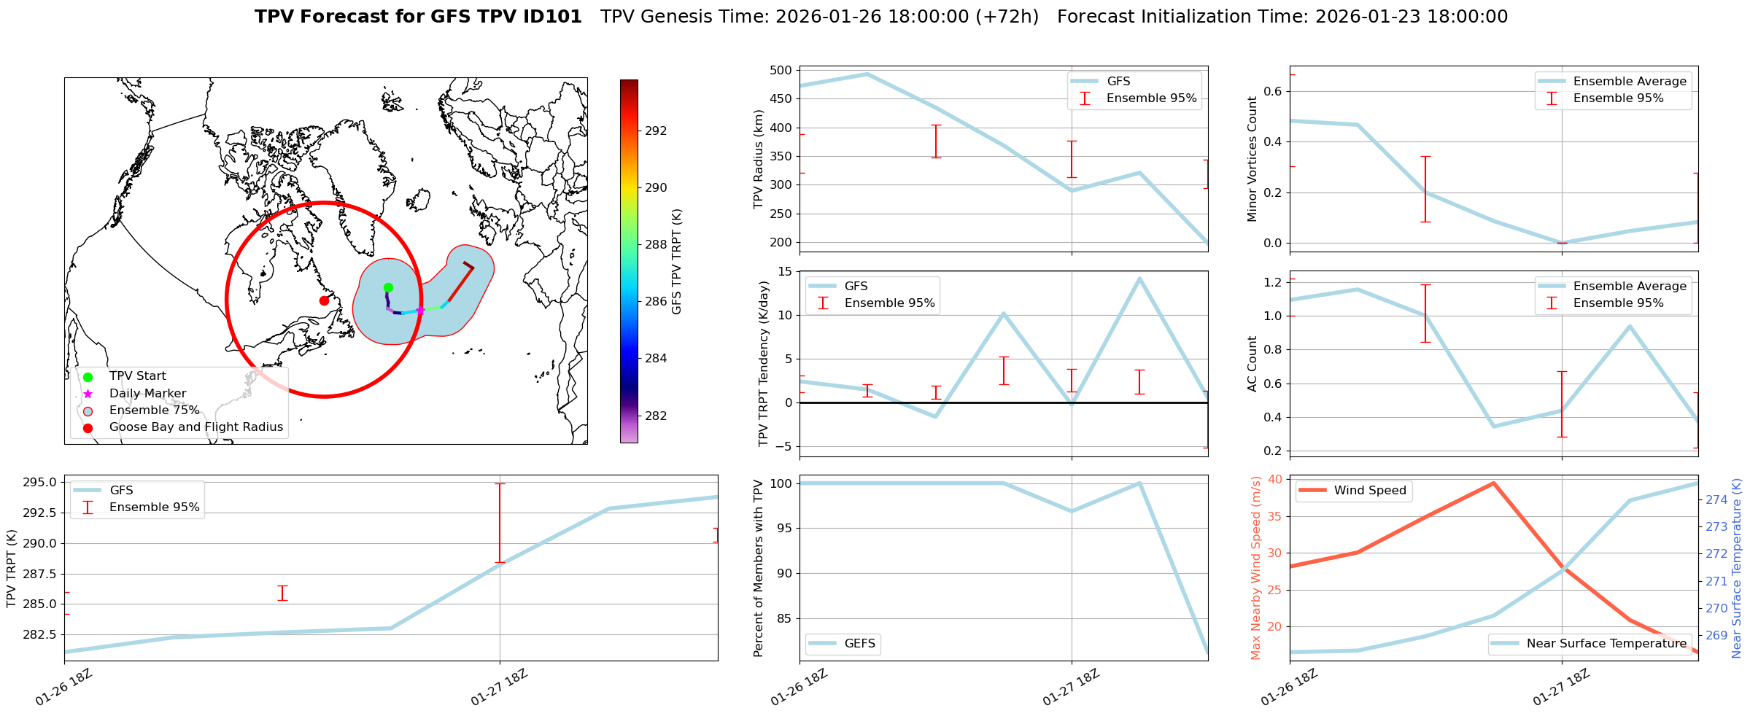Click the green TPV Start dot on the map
[x=388, y=287]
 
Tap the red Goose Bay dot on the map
[x=324, y=300]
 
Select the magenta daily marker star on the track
[x=420, y=311]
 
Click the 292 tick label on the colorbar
[x=656, y=131]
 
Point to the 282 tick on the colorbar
[x=656, y=416]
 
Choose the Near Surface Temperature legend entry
[x=1606, y=644]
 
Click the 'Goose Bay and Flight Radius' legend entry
[x=195, y=427]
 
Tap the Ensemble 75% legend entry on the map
[x=154, y=410]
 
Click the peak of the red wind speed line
[x=1493, y=483]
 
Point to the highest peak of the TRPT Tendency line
[x=1139, y=278]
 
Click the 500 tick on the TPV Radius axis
[x=781, y=71]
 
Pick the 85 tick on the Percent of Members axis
[x=782, y=618]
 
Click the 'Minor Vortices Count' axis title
[x=1253, y=159]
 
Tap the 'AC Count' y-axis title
[x=1253, y=364]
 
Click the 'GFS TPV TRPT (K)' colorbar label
[x=677, y=262]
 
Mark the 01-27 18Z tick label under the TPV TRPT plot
[x=499, y=688]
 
